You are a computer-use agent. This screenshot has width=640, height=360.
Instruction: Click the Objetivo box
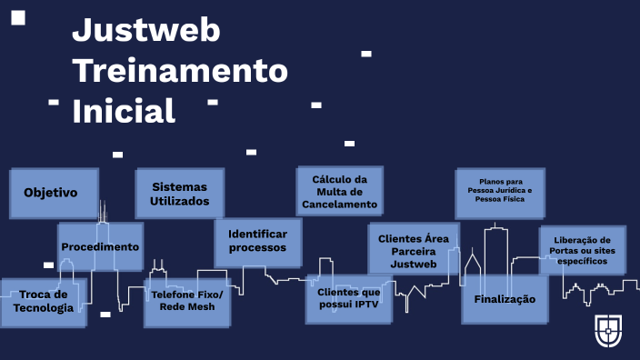pyautogui.click(x=51, y=193)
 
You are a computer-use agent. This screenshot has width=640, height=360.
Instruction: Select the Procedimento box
pyautogui.click(x=100, y=246)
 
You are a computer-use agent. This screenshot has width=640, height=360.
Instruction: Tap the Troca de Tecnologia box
pyautogui.click(x=43, y=301)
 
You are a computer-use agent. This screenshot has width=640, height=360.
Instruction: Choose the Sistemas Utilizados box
pyautogui.click(x=179, y=194)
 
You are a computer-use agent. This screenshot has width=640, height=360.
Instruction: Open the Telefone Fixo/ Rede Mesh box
pyautogui.click(x=187, y=302)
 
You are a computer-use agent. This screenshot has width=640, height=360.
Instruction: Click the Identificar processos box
pyautogui.click(x=257, y=241)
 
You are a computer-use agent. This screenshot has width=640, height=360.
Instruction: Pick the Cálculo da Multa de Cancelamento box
pyautogui.click(x=339, y=192)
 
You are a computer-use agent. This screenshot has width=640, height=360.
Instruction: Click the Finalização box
pyautogui.click(x=505, y=299)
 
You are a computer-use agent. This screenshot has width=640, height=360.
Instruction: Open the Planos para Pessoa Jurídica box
pyautogui.click(x=500, y=193)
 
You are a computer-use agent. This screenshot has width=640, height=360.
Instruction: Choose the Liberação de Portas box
pyautogui.click(x=582, y=248)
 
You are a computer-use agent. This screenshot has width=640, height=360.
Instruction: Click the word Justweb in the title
pyautogui.click(x=146, y=31)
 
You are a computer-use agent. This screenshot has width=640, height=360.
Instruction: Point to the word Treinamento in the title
pyautogui.click(x=179, y=70)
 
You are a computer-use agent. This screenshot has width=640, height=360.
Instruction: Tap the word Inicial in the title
pyautogui.click(x=124, y=111)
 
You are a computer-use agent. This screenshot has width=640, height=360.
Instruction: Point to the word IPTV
pyautogui.click(x=372, y=305)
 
